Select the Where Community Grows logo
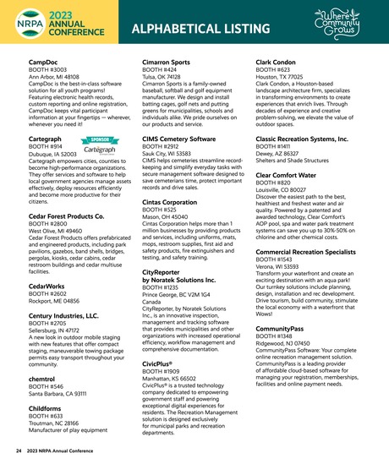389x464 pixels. point(343,23)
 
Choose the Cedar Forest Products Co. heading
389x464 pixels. point(66,216)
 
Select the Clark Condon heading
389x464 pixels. point(278,63)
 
